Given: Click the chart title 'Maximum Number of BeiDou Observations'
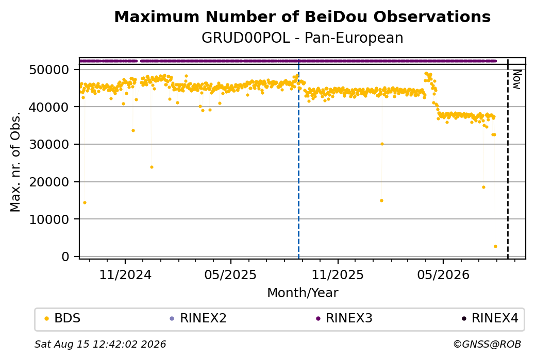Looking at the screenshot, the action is (x=302, y=16).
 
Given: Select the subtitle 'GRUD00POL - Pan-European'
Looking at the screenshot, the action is (x=302, y=38).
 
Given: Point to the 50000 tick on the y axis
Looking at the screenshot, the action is (x=49, y=70).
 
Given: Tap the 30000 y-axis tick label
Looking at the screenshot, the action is (x=49, y=145).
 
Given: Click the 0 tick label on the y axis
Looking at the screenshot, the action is (x=65, y=256).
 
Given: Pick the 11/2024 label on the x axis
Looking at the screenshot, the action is (x=125, y=275).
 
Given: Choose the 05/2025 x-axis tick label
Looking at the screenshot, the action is (x=230, y=275).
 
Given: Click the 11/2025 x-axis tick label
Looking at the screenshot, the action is (x=338, y=275).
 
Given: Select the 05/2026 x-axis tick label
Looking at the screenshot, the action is (x=443, y=275).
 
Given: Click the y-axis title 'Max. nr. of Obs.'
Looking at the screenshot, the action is (x=15, y=162).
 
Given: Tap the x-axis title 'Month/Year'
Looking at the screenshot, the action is (x=303, y=293).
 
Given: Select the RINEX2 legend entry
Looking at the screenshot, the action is (x=198, y=318).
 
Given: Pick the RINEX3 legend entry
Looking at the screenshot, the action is (x=344, y=318).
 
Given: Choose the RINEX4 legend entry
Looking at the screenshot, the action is (x=490, y=318).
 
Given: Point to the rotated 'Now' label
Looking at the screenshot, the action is (x=517, y=79).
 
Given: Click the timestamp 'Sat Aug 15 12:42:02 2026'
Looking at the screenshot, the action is (x=100, y=344).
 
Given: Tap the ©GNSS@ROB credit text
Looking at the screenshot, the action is (x=487, y=344).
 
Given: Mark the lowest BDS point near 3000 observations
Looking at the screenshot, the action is (x=495, y=246).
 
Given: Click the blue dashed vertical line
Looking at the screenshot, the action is (x=298, y=159).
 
